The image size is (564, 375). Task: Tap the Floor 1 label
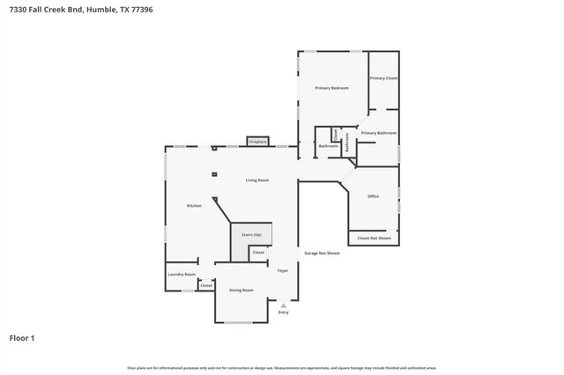coord(22,337)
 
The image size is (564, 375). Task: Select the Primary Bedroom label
coord(331,88)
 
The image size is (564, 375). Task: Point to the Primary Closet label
coord(383,78)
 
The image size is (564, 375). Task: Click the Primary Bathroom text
coord(379,133)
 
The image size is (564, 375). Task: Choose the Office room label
coord(373,196)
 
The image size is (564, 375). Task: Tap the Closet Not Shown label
coord(374,239)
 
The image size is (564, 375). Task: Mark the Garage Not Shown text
coord(322,254)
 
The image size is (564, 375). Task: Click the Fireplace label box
coord(257,141)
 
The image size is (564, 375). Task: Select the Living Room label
coord(257,180)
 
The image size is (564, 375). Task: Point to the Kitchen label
coord(194,206)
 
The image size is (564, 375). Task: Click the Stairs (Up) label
coord(251,237)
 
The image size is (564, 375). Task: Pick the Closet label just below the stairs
coord(258,253)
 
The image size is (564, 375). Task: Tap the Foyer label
coord(283,271)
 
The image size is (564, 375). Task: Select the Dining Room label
coord(241,290)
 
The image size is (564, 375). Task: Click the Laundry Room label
coord(182,275)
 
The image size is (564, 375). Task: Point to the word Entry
coord(283,312)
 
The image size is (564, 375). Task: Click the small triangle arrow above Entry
coord(283,305)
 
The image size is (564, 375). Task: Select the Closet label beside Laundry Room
coord(206,285)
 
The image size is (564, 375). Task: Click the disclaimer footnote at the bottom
coord(282,368)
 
